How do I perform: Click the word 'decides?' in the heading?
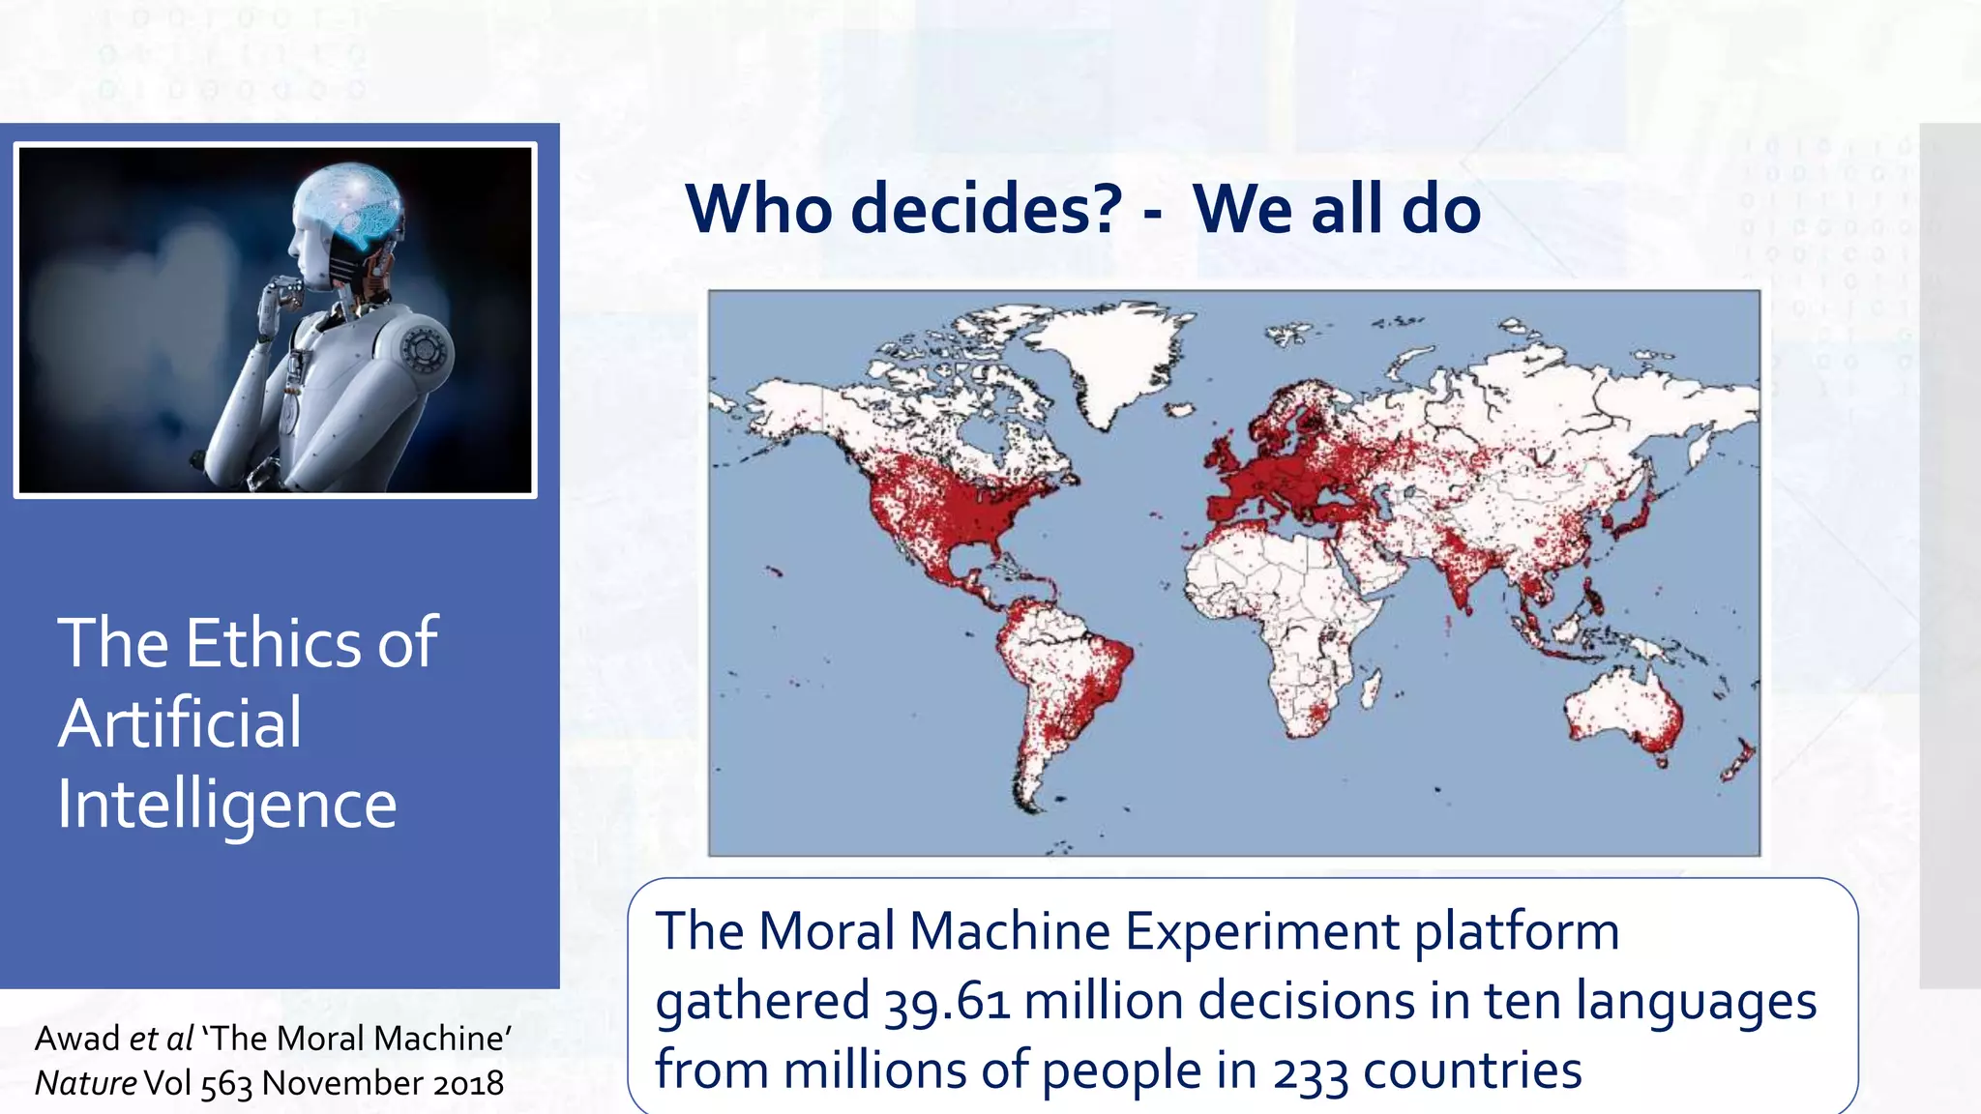[x=986, y=209]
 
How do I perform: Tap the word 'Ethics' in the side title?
[x=275, y=643]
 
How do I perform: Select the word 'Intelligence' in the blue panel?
[x=227, y=805]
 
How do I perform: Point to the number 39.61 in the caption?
[x=947, y=1001]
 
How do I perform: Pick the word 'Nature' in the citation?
[x=85, y=1083]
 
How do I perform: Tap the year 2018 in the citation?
[x=468, y=1083]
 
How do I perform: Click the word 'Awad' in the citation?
[x=76, y=1039]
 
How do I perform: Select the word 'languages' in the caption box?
[x=1696, y=1001]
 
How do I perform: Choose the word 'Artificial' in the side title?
[x=180, y=723]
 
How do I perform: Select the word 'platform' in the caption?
[x=1517, y=932]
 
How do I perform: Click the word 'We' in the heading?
[x=1243, y=209]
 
